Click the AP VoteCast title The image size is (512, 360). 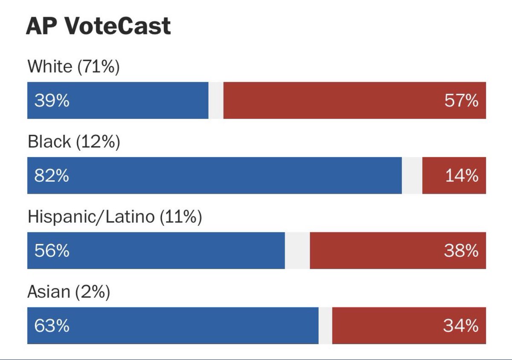pyautogui.click(x=98, y=26)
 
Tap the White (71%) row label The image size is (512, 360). pyautogui.click(x=73, y=67)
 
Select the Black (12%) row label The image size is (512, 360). pyautogui.click(x=74, y=142)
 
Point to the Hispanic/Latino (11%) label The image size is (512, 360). pyautogui.click(x=114, y=217)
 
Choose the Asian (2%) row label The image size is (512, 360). pyautogui.click(x=69, y=292)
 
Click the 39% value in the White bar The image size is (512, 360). pyautogui.click(x=52, y=101)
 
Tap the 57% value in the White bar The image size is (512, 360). pyautogui.click(x=461, y=101)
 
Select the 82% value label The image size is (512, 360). pyautogui.click(x=52, y=176)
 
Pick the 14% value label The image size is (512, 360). pyautogui.click(x=462, y=176)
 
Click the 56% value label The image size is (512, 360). pyautogui.click(x=52, y=251)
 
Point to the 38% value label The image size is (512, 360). pyautogui.click(x=461, y=251)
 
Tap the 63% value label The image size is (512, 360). pyautogui.click(x=52, y=326)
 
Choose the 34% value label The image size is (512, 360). pyautogui.click(x=461, y=326)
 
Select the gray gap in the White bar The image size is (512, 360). pyautogui.click(x=216, y=101)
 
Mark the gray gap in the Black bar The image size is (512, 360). pyautogui.click(x=412, y=176)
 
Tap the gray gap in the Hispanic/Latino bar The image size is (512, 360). pyautogui.click(x=297, y=251)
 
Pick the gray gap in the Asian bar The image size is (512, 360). pyautogui.click(x=325, y=326)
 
